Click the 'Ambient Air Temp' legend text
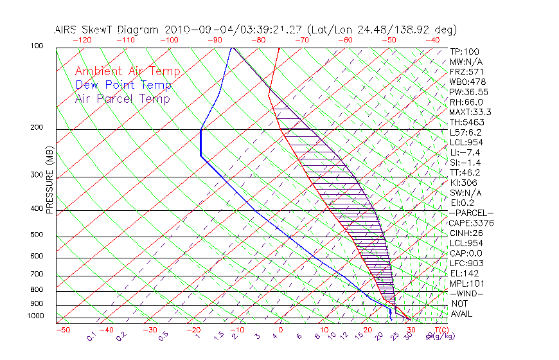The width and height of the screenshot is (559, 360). [127, 71]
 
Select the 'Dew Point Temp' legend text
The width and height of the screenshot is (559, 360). [123, 85]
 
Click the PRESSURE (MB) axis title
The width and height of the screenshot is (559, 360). [49, 179]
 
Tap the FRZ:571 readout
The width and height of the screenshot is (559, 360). [466, 71]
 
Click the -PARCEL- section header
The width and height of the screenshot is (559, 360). [471, 213]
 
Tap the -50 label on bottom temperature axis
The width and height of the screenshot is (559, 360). [62, 330]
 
